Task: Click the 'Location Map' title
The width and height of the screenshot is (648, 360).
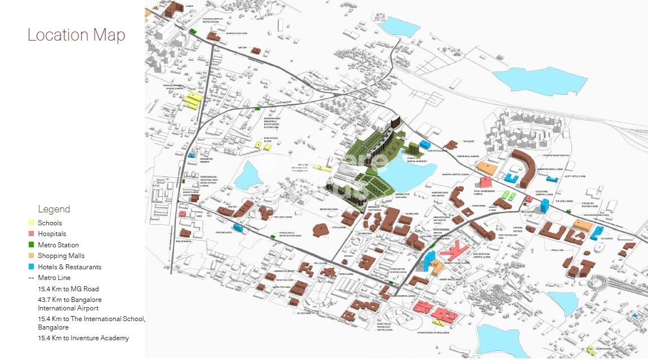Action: tap(76, 35)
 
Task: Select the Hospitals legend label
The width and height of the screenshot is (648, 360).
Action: tap(52, 234)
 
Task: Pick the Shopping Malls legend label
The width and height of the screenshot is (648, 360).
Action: tap(61, 256)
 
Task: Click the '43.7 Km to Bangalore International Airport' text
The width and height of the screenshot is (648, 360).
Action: tap(70, 304)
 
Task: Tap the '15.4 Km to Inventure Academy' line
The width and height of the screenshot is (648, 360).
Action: tap(83, 338)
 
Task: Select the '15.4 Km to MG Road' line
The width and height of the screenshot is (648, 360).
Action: tap(68, 289)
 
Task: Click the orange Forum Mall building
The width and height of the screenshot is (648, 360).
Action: tap(487, 168)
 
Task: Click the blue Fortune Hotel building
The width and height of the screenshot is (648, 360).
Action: tap(237, 228)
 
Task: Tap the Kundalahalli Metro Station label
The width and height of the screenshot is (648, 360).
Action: tap(290, 234)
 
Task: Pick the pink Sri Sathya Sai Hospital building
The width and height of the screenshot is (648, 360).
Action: tap(456, 250)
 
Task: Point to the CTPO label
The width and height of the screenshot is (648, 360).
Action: tap(338, 227)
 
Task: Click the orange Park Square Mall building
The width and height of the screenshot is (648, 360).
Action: tap(583, 225)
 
